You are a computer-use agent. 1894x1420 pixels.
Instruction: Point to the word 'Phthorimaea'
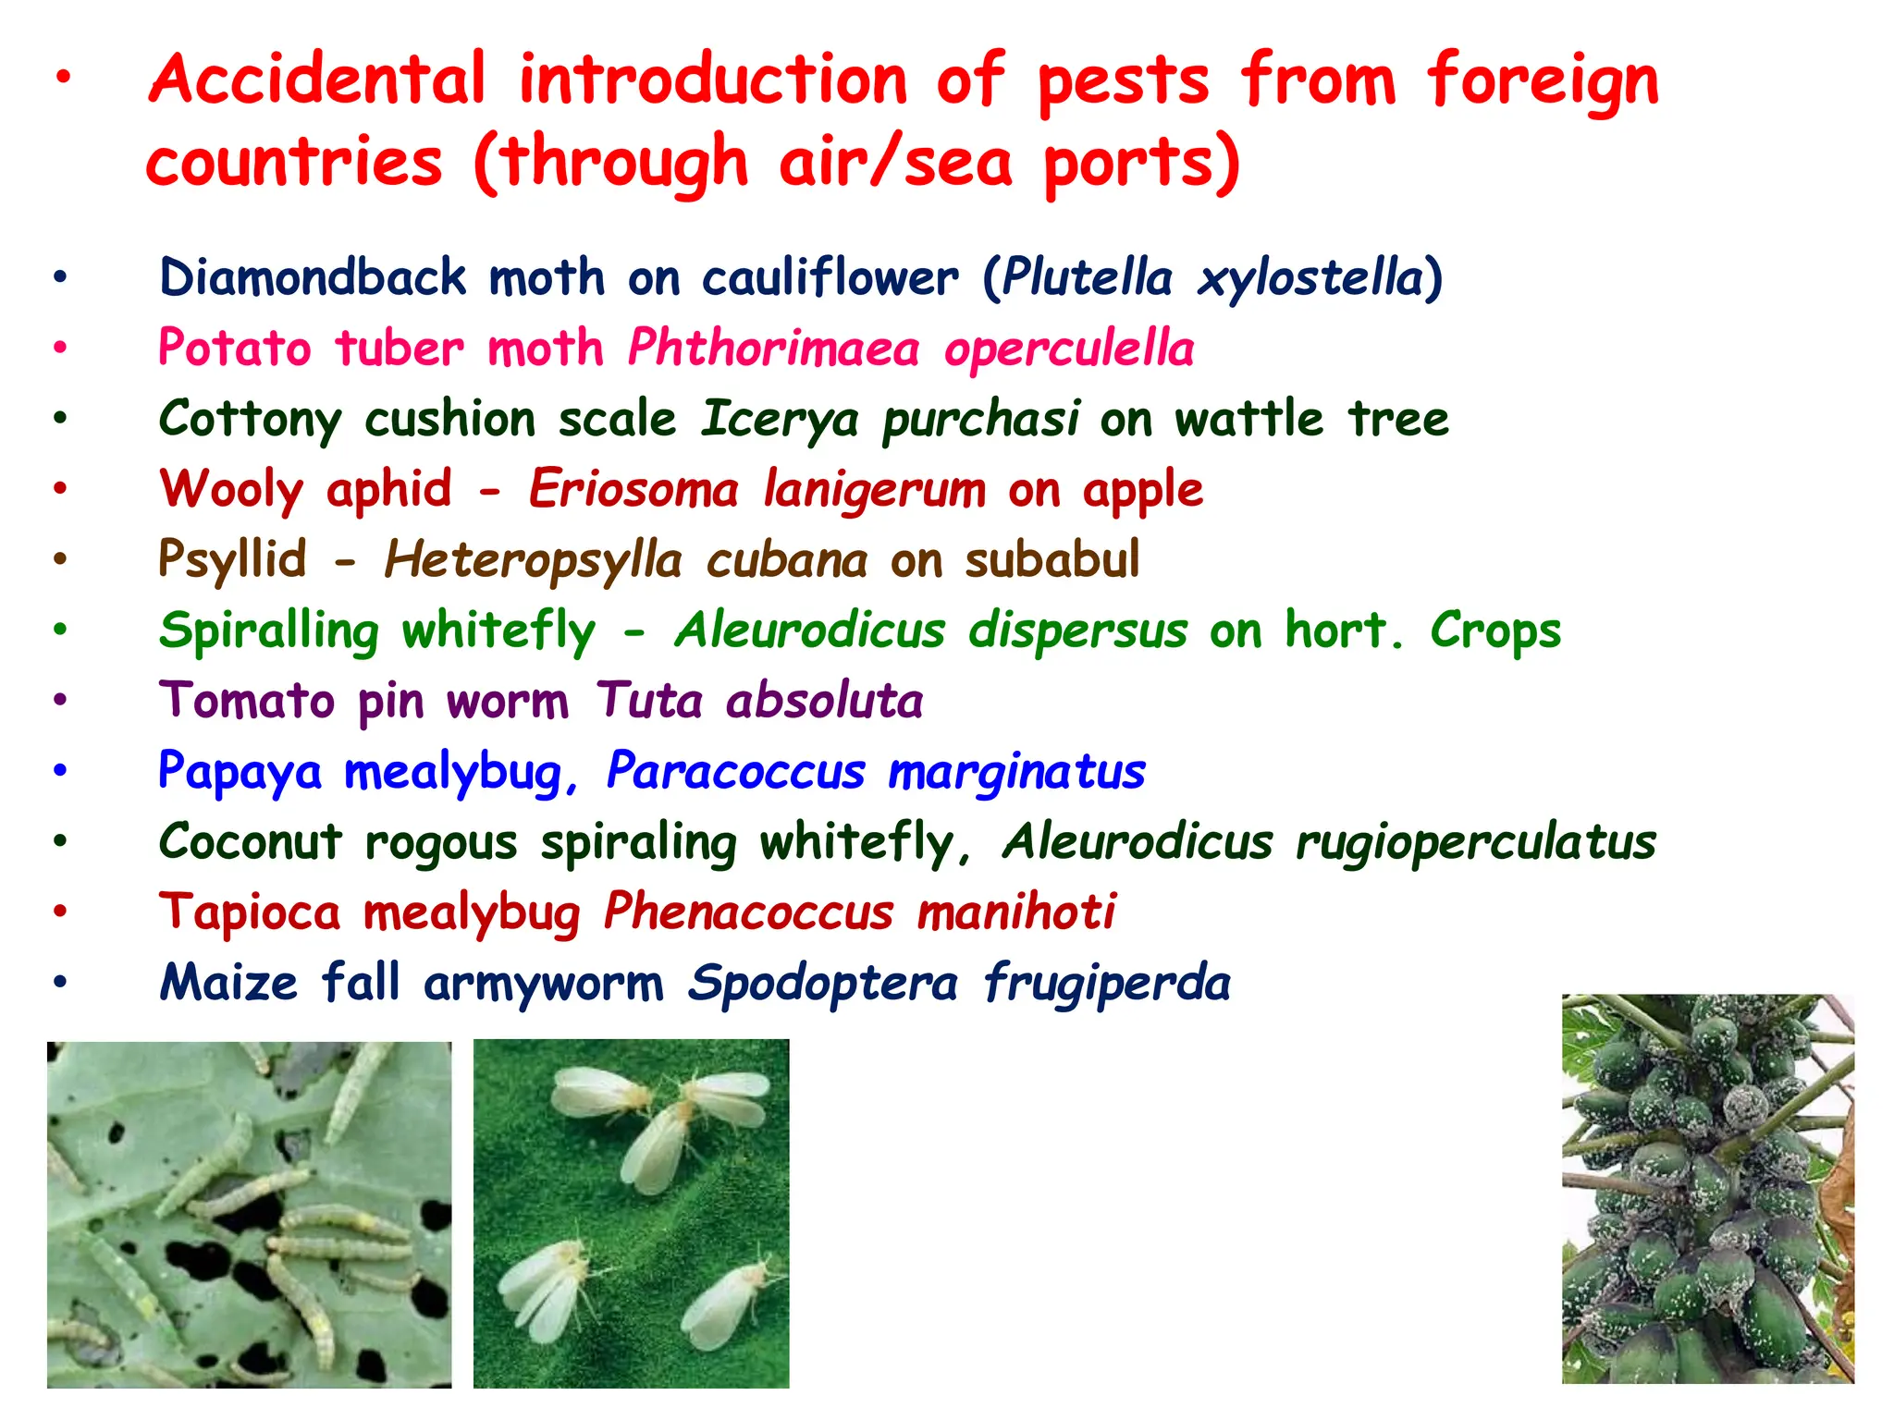[773, 349]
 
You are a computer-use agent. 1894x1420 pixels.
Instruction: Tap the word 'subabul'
[1052, 560]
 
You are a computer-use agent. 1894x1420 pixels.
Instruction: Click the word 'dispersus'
[1077, 631]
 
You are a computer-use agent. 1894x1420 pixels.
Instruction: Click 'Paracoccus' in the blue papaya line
[736, 772]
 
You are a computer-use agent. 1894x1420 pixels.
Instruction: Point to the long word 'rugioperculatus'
[1475, 843]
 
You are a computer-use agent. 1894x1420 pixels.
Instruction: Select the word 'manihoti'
[1016, 912]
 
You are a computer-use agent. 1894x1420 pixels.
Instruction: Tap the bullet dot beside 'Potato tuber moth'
[60, 349]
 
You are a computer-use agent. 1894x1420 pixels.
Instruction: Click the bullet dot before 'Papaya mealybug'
[60, 771]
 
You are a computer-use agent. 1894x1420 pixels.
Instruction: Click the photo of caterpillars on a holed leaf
[249, 1214]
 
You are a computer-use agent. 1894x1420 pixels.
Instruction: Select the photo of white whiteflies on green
[631, 1213]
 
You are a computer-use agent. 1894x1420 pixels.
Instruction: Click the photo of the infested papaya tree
[1707, 1188]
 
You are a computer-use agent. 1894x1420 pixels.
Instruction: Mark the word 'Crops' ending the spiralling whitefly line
[1495, 631]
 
